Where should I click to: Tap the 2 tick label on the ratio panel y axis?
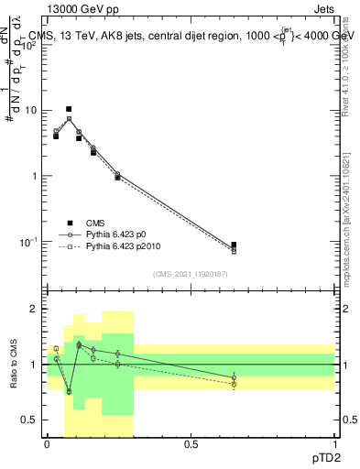pos(35,310)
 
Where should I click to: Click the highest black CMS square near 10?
pos(69,109)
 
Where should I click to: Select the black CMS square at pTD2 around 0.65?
pos(234,245)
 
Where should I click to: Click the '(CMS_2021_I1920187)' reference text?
pos(191,273)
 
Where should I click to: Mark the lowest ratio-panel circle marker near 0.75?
pos(69,391)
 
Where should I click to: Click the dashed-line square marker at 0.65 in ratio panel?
pos(234,384)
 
